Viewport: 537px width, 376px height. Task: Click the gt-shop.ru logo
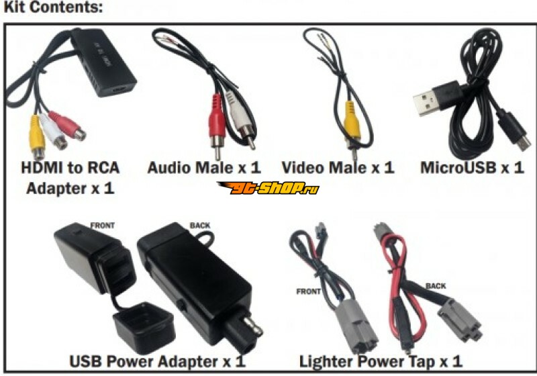click(268, 187)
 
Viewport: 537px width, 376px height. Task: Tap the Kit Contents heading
click(53, 7)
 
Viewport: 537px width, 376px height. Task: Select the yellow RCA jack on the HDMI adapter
click(38, 137)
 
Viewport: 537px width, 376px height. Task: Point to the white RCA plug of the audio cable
click(242, 120)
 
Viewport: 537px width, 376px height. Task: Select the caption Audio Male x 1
click(204, 168)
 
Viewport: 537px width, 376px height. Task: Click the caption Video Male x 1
click(338, 168)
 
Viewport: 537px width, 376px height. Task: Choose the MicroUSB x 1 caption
click(472, 168)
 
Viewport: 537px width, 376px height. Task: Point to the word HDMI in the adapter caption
click(42, 168)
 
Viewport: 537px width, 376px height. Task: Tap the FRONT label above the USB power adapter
click(103, 226)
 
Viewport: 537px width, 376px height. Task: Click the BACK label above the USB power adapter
click(200, 226)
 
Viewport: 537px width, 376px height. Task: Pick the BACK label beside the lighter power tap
click(436, 286)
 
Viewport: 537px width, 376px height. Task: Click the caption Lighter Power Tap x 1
click(381, 362)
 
